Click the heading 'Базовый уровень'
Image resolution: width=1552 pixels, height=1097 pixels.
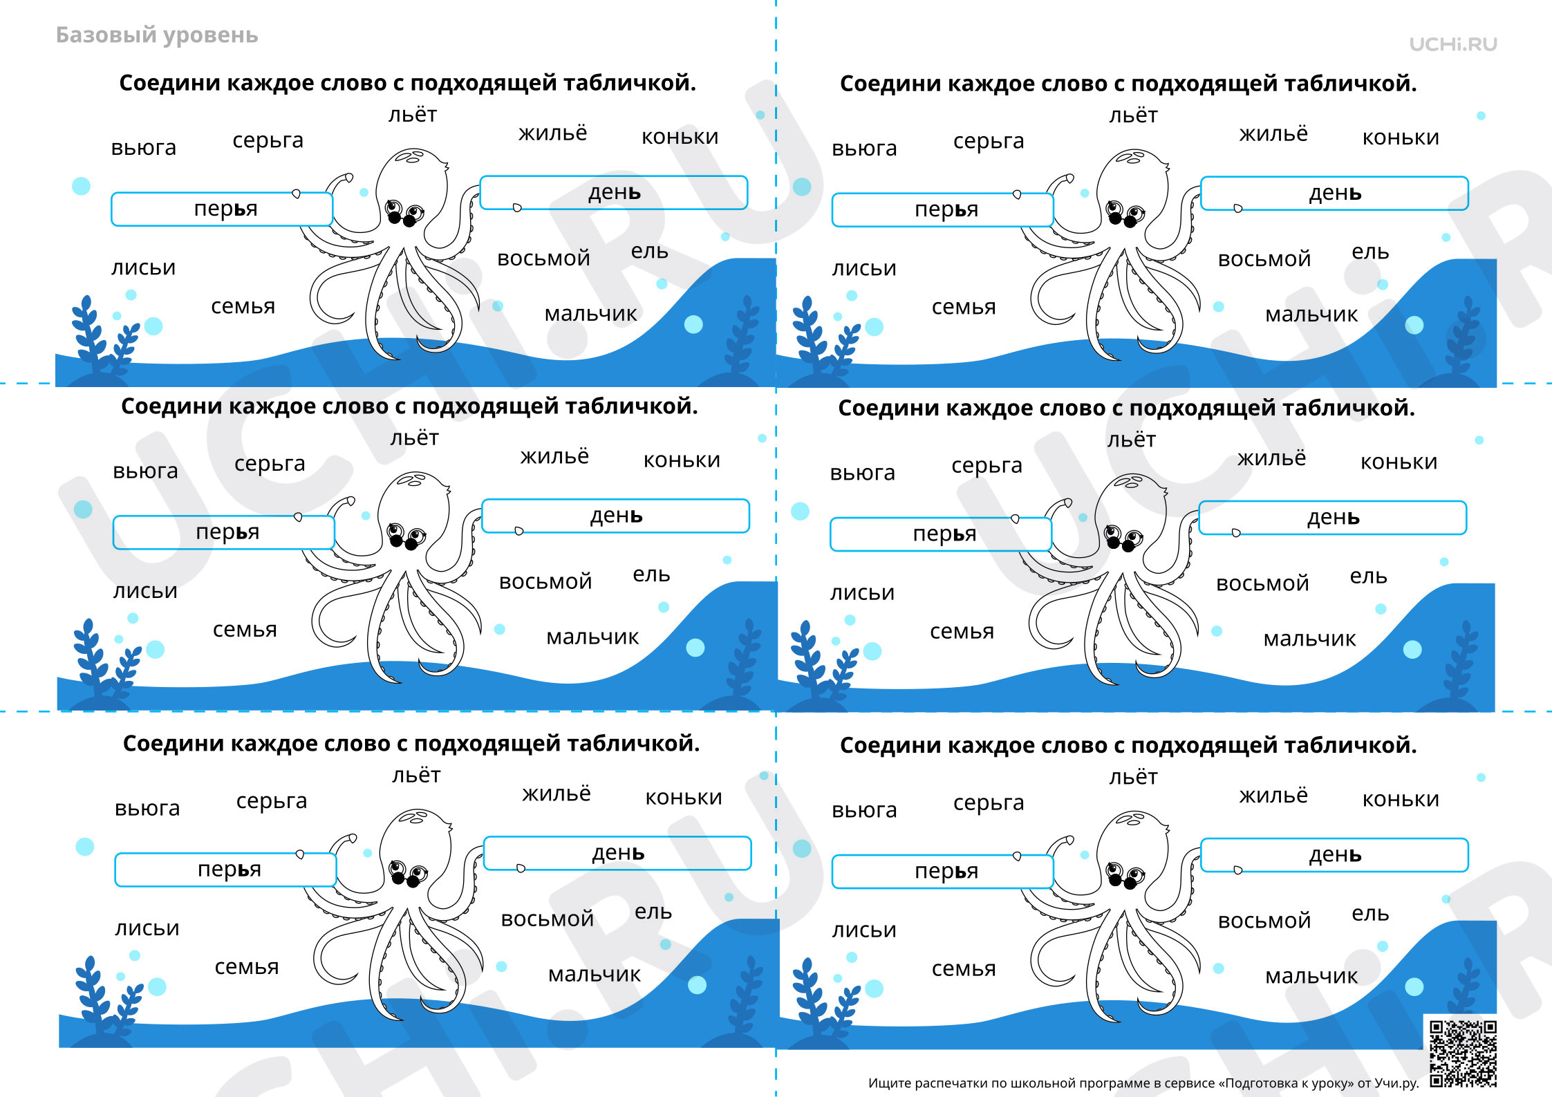click(x=157, y=35)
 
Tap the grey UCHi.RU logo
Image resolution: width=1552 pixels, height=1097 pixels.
click(x=1453, y=44)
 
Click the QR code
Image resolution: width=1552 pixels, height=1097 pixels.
click(x=1463, y=1053)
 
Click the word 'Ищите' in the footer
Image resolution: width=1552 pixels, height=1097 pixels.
click(x=889, y=1083)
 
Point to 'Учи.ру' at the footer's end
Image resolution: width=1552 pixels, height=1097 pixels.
click(x=1396, y=1083)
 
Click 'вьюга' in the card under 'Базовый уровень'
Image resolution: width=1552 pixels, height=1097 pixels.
click(x=144, y=148)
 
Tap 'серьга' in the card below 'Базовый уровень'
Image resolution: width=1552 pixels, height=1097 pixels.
click(x=268, y=141)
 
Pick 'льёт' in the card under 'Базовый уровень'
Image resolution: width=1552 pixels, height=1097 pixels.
click(x=413, y=114)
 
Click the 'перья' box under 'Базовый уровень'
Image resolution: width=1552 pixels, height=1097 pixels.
click(x=222, y=209)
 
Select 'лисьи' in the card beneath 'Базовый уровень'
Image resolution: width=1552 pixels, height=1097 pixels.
click(x=144, y=268)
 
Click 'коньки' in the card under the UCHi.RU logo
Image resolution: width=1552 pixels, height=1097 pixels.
click(x=1401, y=138)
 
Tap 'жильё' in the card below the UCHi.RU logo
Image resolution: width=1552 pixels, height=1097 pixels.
click(x=1273, y=133)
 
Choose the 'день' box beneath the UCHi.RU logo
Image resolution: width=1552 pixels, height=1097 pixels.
click(x=1334, y=194)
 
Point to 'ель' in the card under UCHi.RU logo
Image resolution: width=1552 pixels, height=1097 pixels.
click(x=1370, y=252)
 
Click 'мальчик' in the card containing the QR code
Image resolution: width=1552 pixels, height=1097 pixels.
click(x=1311, y=976)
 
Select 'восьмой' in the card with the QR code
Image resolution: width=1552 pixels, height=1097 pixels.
click(x=1264, y=921)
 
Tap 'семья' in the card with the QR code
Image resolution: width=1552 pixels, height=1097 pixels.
click(x=964, y=969)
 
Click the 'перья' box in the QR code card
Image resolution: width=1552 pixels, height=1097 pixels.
click(x=943, y=872)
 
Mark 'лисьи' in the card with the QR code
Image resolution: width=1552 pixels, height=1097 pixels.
click(x=864, y=930)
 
